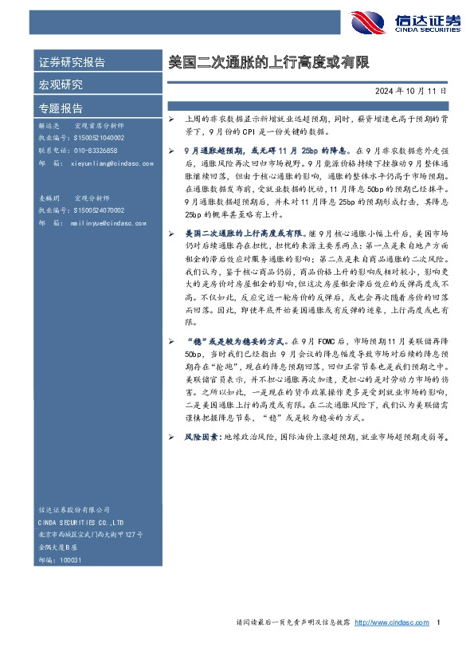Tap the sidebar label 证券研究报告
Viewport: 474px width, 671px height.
72,62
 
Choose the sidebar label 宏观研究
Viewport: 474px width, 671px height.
61,84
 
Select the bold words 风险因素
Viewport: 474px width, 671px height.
202,437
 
